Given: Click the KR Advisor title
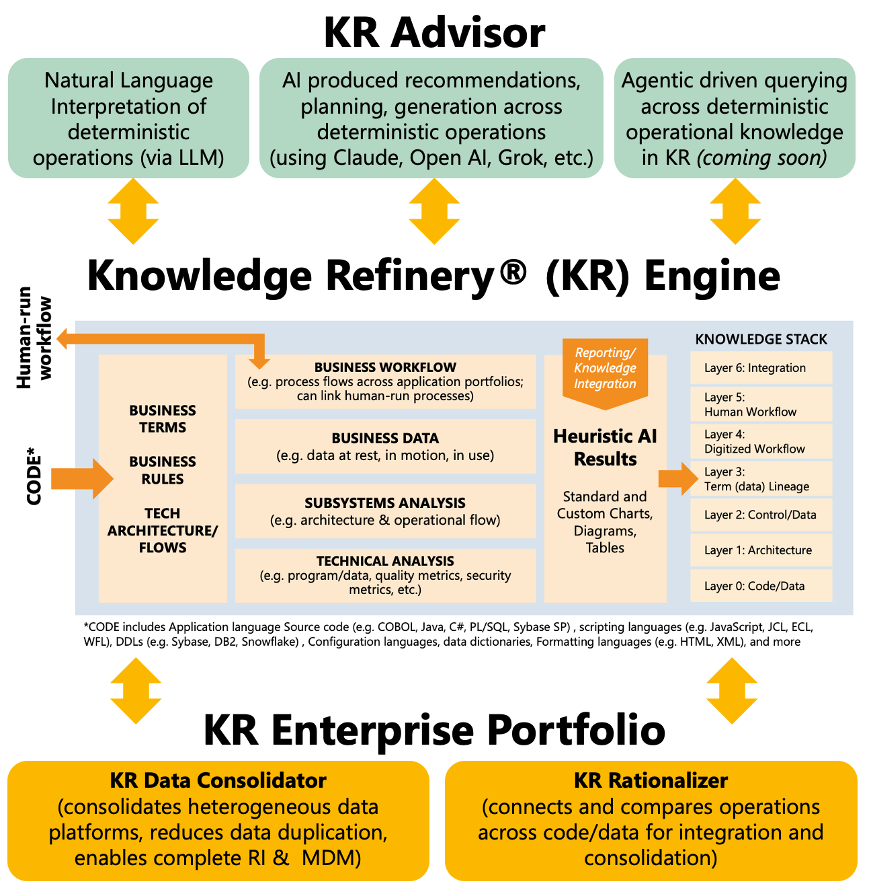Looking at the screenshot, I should (434, 32).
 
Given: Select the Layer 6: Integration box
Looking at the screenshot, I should (761, 368).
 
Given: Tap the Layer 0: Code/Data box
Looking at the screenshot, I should (761, 586).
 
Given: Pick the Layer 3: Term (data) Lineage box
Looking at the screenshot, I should (761, 479).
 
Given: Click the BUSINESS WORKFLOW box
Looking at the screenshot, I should (385, 381).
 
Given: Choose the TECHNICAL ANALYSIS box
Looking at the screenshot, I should (385, 575).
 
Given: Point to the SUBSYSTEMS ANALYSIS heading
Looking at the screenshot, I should (385, 503).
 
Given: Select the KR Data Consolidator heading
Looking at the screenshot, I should (218, 780).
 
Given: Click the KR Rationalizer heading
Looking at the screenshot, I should (651, 780).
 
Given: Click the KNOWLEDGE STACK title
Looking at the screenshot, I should (761, 340).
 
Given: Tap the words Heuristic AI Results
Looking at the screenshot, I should (605, 448).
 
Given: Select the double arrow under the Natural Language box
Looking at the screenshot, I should (133, 211).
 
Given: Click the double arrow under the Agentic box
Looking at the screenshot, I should (735, 211).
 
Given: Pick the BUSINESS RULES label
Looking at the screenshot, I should (163, 470).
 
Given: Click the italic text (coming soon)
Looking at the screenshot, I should (761, 158).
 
